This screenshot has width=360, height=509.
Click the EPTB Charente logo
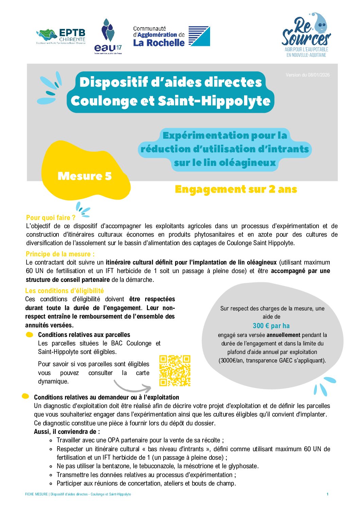61,36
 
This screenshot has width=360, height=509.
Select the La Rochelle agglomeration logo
171,36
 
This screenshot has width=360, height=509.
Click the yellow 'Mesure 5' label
85,176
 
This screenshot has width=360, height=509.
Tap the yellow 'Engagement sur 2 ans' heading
236,189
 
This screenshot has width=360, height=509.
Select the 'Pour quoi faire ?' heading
51,218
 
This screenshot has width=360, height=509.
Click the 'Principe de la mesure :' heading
60,254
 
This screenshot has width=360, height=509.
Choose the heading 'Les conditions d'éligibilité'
64,291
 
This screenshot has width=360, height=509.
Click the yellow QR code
175,371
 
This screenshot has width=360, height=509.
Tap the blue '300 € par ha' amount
271,326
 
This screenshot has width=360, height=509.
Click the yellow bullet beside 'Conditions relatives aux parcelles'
30,335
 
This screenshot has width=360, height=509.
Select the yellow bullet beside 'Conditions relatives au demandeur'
25,396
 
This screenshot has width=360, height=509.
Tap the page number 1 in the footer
327,494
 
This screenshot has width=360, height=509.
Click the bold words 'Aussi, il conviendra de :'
67,432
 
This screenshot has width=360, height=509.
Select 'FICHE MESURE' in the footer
36,494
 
